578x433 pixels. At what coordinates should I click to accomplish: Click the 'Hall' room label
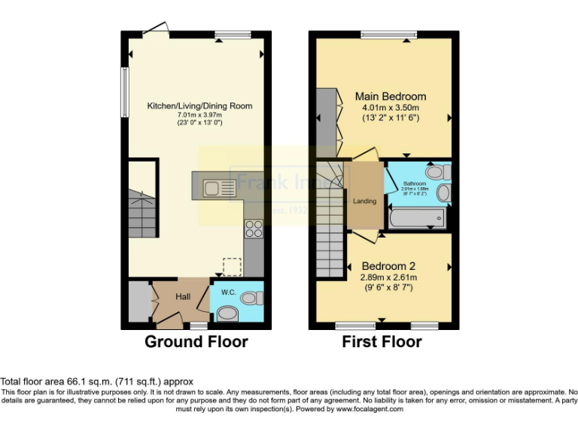click(183, 298)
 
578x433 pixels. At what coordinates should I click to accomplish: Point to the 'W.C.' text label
click(227, 286)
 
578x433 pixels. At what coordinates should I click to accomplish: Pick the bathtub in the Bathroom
click(417, 219)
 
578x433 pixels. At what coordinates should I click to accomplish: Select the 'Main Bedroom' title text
click(390, 96)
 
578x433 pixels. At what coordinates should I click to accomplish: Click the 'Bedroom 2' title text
click(388, 266)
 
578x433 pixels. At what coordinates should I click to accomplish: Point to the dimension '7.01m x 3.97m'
click(199, 114)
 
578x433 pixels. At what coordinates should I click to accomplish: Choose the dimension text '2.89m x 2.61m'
click(389, 277)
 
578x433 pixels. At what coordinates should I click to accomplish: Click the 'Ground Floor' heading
click(196, 342)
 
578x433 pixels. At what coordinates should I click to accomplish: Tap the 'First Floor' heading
click(382, 342)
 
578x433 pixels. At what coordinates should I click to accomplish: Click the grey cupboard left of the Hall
click(139, 301)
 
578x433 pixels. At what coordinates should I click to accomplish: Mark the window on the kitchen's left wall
click(125, 92)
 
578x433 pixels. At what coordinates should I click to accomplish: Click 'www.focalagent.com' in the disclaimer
click(370, 409)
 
